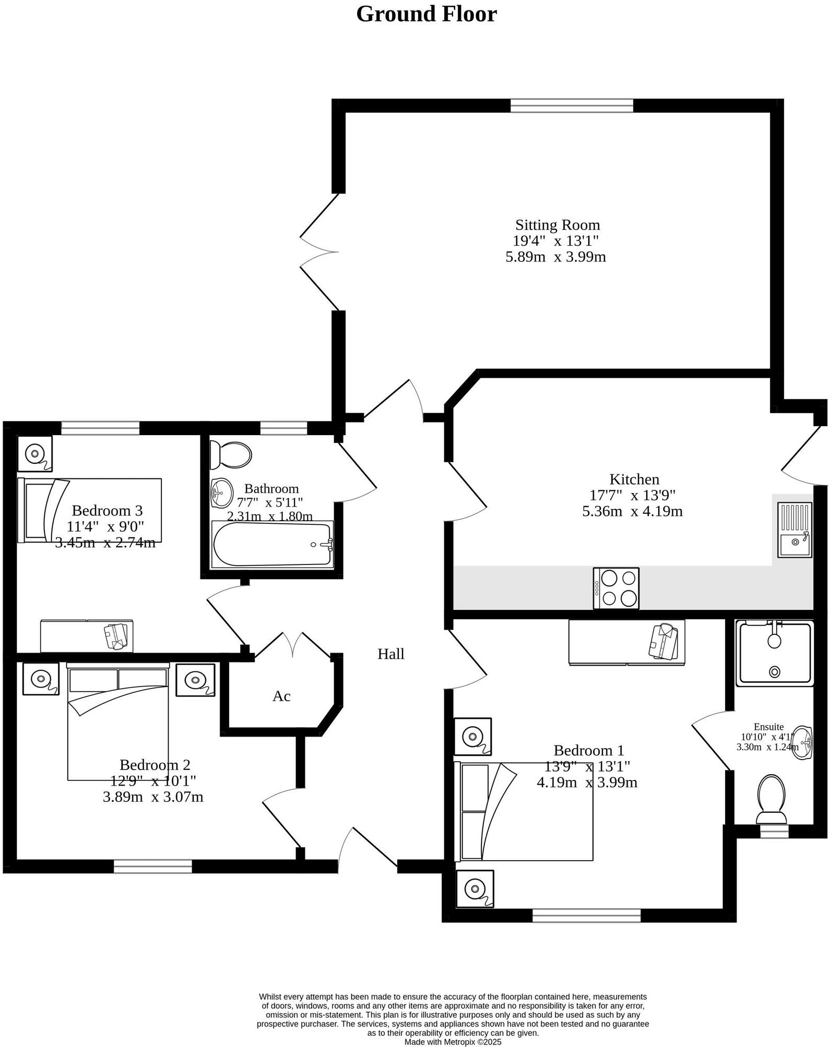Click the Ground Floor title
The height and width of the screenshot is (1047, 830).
(426, 14)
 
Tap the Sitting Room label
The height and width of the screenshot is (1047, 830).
(558, 225)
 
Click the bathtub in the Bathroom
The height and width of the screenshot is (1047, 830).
(271, 544)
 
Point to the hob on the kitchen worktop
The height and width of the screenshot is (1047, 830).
(616, 588)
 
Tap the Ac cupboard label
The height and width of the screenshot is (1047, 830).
(281, 696)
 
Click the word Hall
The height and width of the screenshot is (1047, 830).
(391, 654)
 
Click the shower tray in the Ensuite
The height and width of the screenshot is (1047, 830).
(775, 653)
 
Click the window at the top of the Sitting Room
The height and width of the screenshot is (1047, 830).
(572, 106)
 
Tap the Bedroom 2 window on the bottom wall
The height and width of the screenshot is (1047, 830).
(153, 866)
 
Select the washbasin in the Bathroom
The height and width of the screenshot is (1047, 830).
(222, 492)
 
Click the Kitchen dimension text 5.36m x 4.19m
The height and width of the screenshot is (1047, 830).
(632, 511)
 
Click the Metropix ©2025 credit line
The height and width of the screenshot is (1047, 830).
(453, 1041)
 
